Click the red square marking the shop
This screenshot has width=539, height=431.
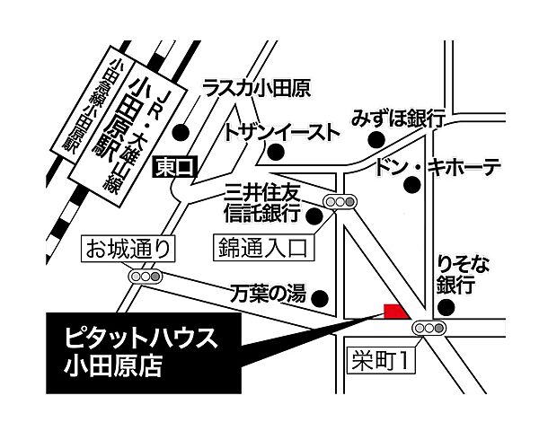[393, 311]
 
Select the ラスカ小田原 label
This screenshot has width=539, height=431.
[257, 88]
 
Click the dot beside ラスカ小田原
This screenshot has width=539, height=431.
[181, 131]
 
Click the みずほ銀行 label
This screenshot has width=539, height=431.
[400, 118]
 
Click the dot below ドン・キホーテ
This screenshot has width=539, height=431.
[412, 186]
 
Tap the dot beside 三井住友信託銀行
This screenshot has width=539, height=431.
[314, 215]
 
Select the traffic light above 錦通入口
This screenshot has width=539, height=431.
[340, 203]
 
